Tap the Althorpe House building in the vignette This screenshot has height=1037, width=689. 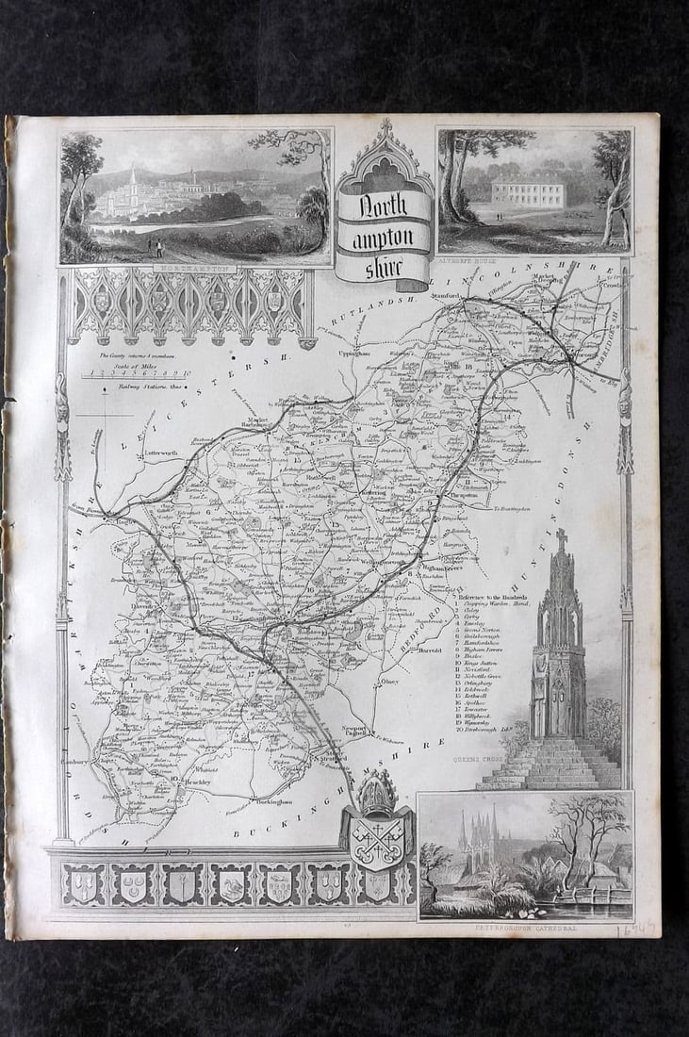527,194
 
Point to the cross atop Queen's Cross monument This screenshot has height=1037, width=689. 562,539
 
